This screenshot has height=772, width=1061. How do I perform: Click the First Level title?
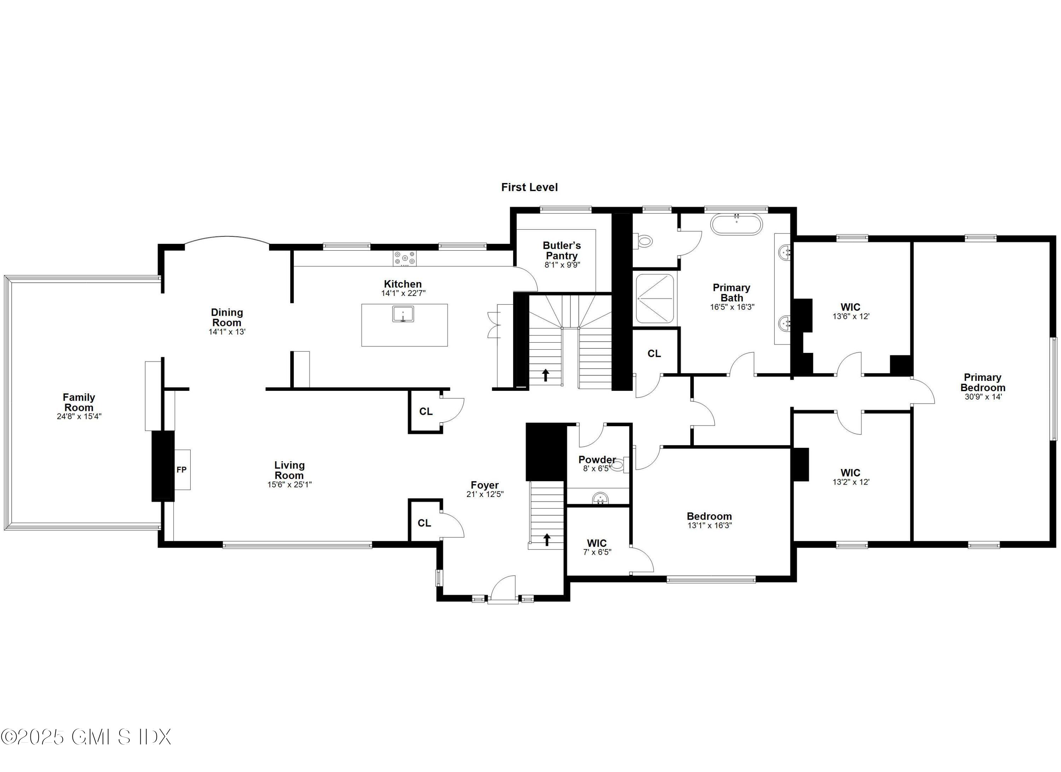(529, 187)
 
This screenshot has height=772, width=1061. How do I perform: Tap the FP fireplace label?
(181, 470)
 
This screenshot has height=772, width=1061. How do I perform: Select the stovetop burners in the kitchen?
(404, 258)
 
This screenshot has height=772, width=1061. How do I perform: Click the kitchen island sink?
(403, 314)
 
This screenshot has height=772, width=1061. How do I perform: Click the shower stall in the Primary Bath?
(655, 299)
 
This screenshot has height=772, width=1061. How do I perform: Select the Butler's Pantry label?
(561, 251)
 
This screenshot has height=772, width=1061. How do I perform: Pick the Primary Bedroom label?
(982, 383)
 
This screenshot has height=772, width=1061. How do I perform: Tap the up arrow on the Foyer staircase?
(546, 540)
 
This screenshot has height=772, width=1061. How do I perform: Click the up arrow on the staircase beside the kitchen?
(545, 375)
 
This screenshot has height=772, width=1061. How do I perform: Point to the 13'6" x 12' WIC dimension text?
(851, 316)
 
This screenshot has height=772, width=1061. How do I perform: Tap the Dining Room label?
(227, 318)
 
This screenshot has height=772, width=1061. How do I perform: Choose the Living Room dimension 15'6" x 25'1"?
(289, 485)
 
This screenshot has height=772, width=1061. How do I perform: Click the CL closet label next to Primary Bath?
(654, 354)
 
